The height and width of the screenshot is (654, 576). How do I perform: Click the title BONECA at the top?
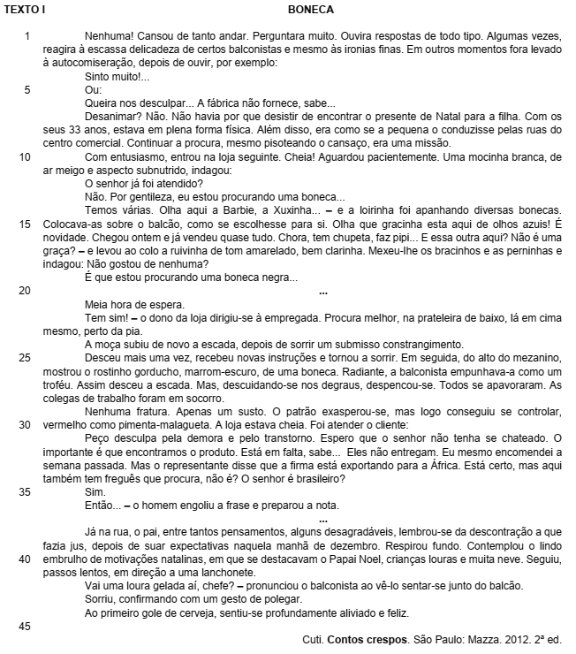[310, 10]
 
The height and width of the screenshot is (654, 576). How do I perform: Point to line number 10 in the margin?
[27, 156]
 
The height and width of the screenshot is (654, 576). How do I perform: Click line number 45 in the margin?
[27, 626]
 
